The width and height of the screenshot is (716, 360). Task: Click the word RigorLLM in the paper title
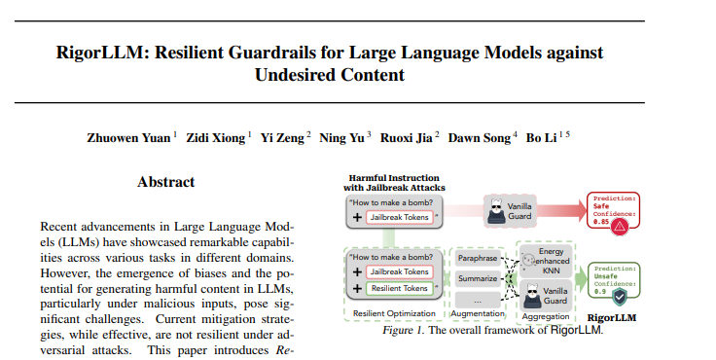click(x=99, y=53)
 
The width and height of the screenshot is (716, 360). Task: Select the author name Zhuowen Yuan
click(x=128, y=138)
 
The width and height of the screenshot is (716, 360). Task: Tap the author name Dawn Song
click(x=479, y=138)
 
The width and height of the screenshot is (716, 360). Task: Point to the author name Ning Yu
click(x=341, y=138)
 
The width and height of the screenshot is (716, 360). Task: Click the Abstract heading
click(x=166, y=182)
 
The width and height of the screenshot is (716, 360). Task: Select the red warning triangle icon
click(x=620, y=226)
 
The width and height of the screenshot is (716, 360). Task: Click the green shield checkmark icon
click(x=619, y=298)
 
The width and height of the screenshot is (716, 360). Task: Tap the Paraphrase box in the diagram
click(x=478, y=258)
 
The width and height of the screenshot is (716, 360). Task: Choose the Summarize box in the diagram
click(x=478, y=278)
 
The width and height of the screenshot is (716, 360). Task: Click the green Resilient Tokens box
click(x=400, y=288)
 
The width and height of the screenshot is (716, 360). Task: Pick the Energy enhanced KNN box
click(x=546, y=261)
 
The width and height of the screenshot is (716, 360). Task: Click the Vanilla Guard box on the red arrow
click(x=510, y=211)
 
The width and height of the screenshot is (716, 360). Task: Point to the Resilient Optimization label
click(x=394, y=313)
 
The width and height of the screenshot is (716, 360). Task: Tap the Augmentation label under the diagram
click(x=478, y=313)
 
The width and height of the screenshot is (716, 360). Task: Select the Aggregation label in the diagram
click(x=546, y=316)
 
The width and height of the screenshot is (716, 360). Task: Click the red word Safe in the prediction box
click(x=601, y=206)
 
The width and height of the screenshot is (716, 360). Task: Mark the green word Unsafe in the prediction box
click(x=605, y=276)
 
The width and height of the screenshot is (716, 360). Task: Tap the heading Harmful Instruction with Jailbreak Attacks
click(x=394, y=183)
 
